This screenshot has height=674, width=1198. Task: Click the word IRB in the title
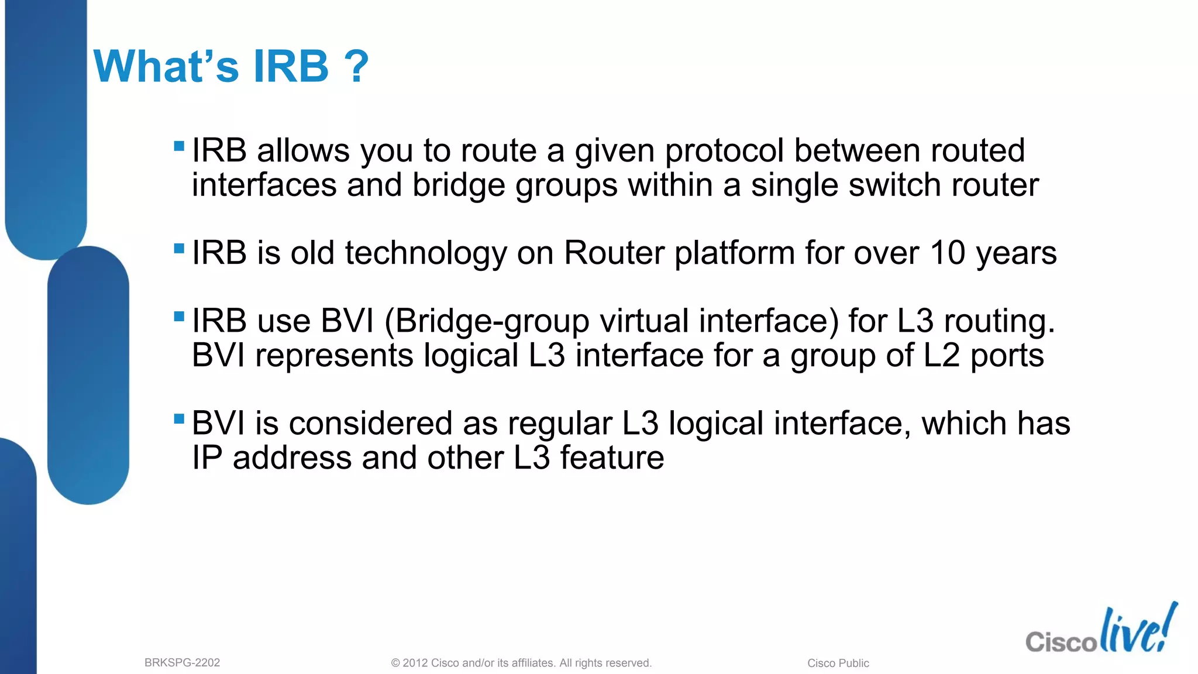(291, 66)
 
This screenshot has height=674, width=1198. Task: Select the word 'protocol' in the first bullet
(724, 151)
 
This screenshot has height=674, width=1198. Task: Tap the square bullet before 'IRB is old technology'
(180, 248)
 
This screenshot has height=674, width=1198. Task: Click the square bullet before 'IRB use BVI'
(180, 317)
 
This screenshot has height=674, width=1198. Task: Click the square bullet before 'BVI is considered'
(180, 418)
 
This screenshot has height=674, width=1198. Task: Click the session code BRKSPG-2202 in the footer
(182, 663)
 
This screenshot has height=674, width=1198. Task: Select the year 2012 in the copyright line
(415, 663)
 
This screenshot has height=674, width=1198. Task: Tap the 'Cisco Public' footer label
(838, 663)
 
